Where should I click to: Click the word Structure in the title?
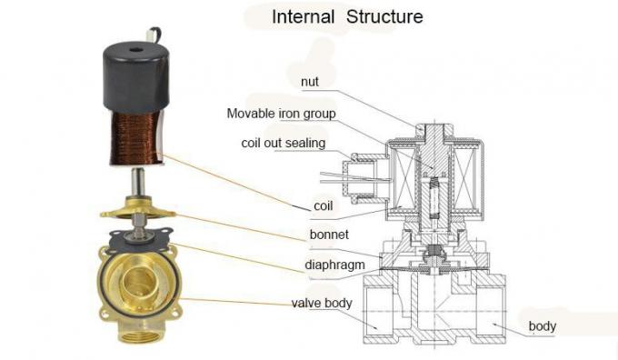pyautogui.click(x=383, y=16)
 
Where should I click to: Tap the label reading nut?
pyautogui.click(x=310, y=82)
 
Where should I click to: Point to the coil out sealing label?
pyautogui.click(x=283, y=143)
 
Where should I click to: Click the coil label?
pyautogui.click(x=323, y=206)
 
